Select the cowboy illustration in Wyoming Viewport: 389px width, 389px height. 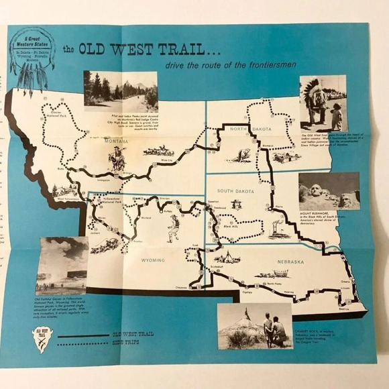click(173, 228)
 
